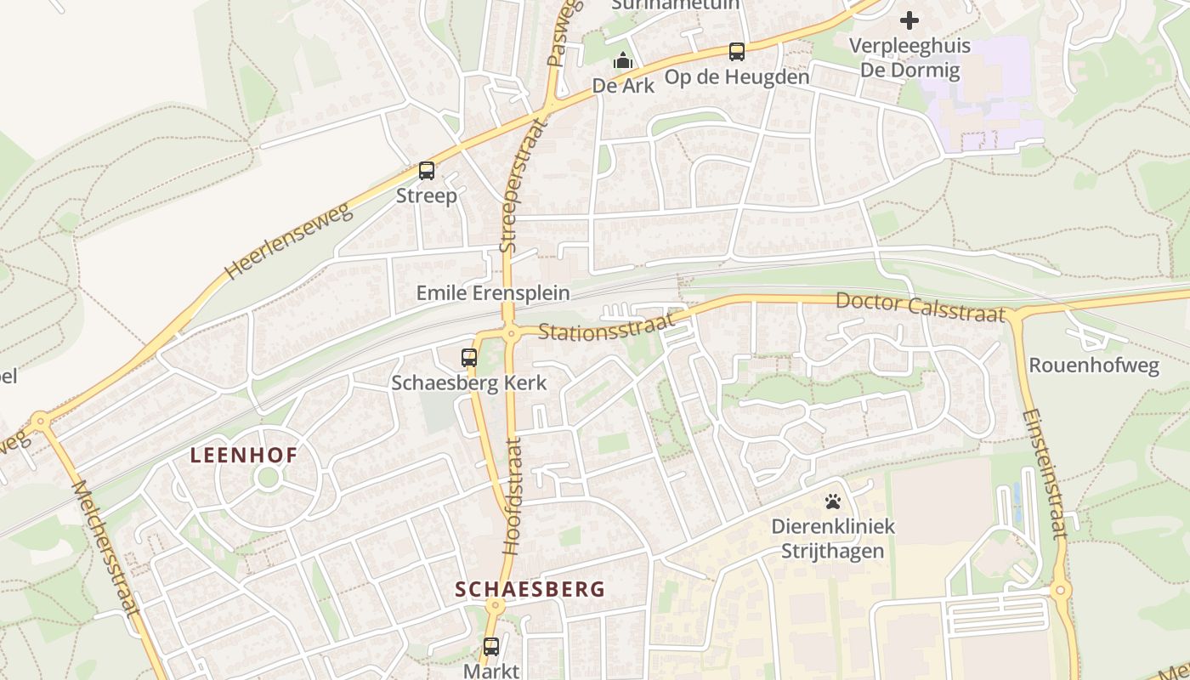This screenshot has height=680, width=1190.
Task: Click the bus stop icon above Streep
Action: pyautogui.click(x=427, y=171)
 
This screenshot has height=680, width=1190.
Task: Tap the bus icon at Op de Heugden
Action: pyautogui.click(x=737, y=52)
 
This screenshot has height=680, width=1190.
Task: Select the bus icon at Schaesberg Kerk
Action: pyautogui.click(x=469, y=358)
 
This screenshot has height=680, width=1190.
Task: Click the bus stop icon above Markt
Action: pyautogui.click(x=491, y=646)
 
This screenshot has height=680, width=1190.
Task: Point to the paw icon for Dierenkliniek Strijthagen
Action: pyautogui.click(x=833, y=501)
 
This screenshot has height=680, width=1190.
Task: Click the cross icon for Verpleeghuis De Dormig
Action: pyautogui.click(x=909, y=20)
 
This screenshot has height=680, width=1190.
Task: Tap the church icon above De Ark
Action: pyautogui.click(x=623, y=61)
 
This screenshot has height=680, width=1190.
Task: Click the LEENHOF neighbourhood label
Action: pyautogui.click(x=244, y=456)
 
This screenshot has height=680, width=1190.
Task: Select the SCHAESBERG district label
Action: pyautogui.click(x=530, y=589)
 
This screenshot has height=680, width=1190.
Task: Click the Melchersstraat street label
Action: pyautogui.click(x=105, y=548)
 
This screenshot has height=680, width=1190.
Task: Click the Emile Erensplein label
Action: pyautogui.click(x=493, y=293)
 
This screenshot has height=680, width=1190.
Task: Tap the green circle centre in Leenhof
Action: pyautogui.click(x=269, y=478)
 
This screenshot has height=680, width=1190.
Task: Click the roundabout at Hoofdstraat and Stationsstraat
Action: pyautogui.click(x=511, y=334)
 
